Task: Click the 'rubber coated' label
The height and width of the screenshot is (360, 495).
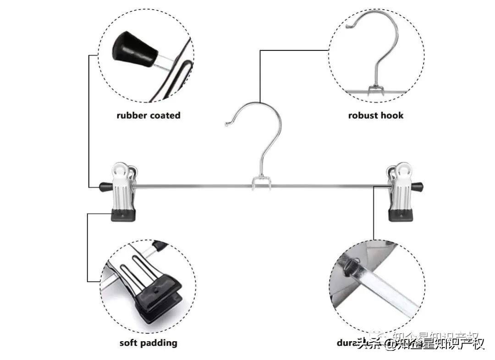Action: (x=148, y=115)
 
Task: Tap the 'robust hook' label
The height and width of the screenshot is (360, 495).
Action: (x=376, y=115)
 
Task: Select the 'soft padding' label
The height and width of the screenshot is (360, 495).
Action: (x=148, y=343)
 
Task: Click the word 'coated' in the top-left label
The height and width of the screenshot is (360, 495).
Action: (x=164, y=115)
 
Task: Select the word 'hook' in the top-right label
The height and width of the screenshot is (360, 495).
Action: (x=393, y=115)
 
